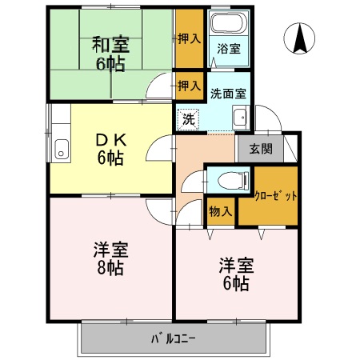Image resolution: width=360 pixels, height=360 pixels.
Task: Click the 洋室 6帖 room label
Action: tap(235, 274)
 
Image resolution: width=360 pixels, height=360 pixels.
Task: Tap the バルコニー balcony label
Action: tap(174, 338)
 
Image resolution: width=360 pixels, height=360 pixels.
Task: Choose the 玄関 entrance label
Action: tap(260, 150)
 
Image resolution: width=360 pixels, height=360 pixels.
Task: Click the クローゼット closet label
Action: tap(275, 194)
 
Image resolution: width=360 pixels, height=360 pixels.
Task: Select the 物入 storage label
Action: tap(220, 211)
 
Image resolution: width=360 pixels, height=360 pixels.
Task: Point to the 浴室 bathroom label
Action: tap(229, 49)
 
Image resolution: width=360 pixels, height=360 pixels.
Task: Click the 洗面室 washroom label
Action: tap(228, 92)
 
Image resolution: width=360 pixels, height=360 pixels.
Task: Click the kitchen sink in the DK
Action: tap(60, 149)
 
